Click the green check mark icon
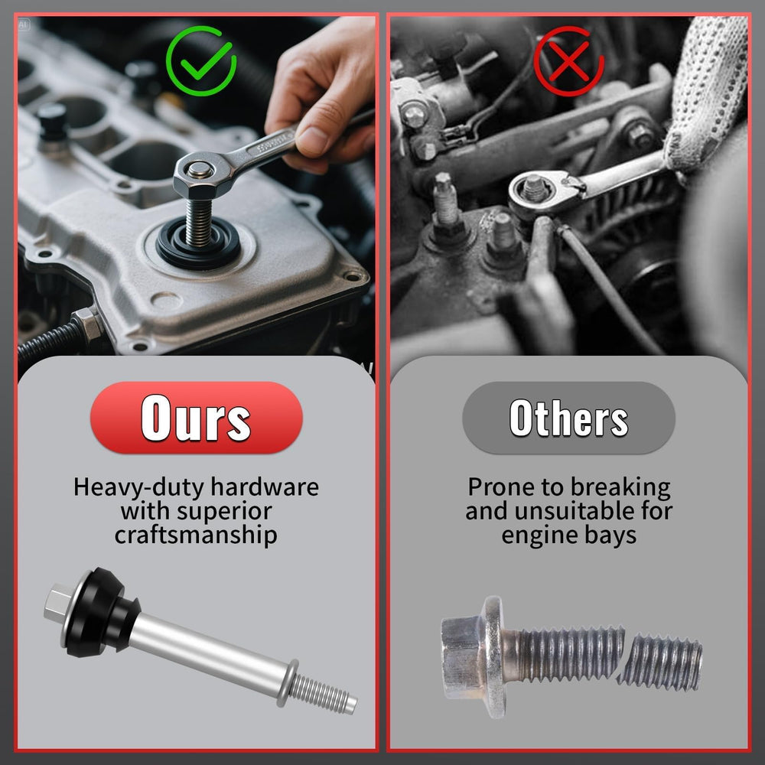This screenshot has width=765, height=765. point(201,61)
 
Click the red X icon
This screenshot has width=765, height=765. point(568,61)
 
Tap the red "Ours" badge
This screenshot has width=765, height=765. point(196,418)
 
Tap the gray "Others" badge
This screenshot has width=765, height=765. point(569,418)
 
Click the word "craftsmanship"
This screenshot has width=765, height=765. point(196,535)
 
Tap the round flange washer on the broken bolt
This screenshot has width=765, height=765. point(493,657)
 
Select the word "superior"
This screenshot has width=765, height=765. point(224,512)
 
